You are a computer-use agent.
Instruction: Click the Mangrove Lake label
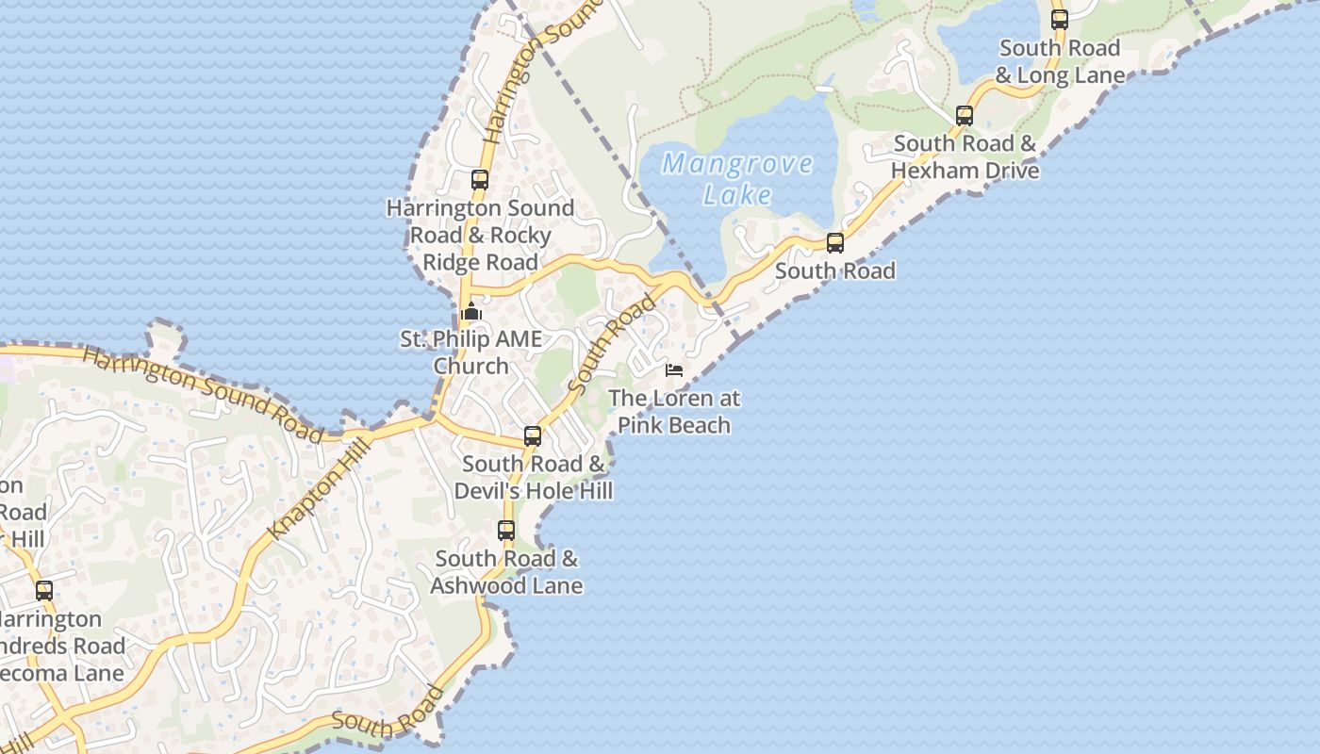pyautogui.click(x=737, y=178)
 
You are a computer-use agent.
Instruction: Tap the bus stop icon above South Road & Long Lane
pyautogui.click(x=1060, y=19)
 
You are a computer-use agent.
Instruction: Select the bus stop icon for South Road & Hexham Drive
pyautogui.click(x=965, y=116)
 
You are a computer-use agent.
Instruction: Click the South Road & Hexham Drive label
pyautogui.click(x=965, y=157)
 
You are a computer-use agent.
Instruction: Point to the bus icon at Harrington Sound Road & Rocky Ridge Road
pyautogui.click(x=480, y=179)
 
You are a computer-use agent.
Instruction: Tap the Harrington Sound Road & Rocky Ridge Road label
pyautogui.click(x=480, y=235)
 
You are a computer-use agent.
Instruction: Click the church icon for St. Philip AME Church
pyautogui.click(x=471, y=312)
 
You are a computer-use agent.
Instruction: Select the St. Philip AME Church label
pyautogui.click(x=470, y=352)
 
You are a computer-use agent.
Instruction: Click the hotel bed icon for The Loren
pyautogui.click(x=673, y=369)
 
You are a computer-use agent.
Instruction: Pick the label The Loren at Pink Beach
pyautogui.click(x=674, y=411)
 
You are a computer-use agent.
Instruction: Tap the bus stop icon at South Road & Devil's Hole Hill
pyautogui.click(x=533, y=435)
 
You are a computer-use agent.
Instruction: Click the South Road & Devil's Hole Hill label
pyautogui.click(x=533, y=477)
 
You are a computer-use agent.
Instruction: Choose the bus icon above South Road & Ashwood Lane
pyautogui.click(x=506, y=530)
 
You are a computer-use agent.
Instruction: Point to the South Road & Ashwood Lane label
pyautogui.click(x=506, y=572)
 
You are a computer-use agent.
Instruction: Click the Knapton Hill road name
pyautogui.click(x=316, y=493)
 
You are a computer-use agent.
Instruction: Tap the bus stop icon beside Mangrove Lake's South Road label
pyautogui.click(x=835, y=243)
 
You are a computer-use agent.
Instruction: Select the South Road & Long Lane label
pyautogui.click(x=1060, y=61)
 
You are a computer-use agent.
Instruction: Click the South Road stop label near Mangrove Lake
pyautogui.click(x=835, y=271)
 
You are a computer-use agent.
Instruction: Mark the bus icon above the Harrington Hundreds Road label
pyautogui.click(x=44, y=591)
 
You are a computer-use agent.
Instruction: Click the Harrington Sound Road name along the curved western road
pyautogui.click(x=203, y=392)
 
